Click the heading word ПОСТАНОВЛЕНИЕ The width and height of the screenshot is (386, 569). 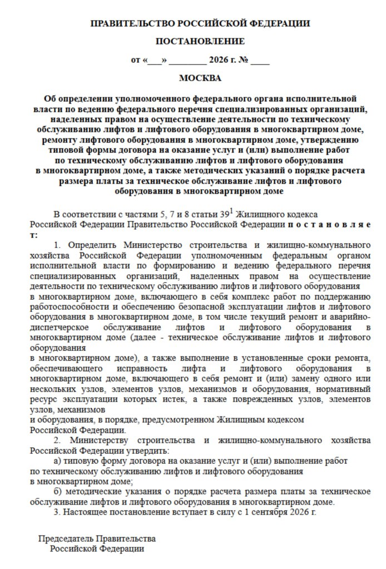[x=200, y=41]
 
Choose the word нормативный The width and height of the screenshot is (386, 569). [x=348, y=389]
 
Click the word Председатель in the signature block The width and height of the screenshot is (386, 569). [x=66, y=538]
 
